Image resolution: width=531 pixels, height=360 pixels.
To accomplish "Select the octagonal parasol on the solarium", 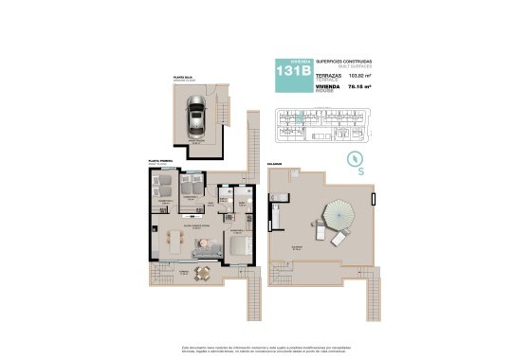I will (x=339, y=212).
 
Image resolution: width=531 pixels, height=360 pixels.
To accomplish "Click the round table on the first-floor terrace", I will (x=201, y=272).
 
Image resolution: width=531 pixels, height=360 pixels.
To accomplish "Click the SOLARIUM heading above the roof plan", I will (x=276, y=163).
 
